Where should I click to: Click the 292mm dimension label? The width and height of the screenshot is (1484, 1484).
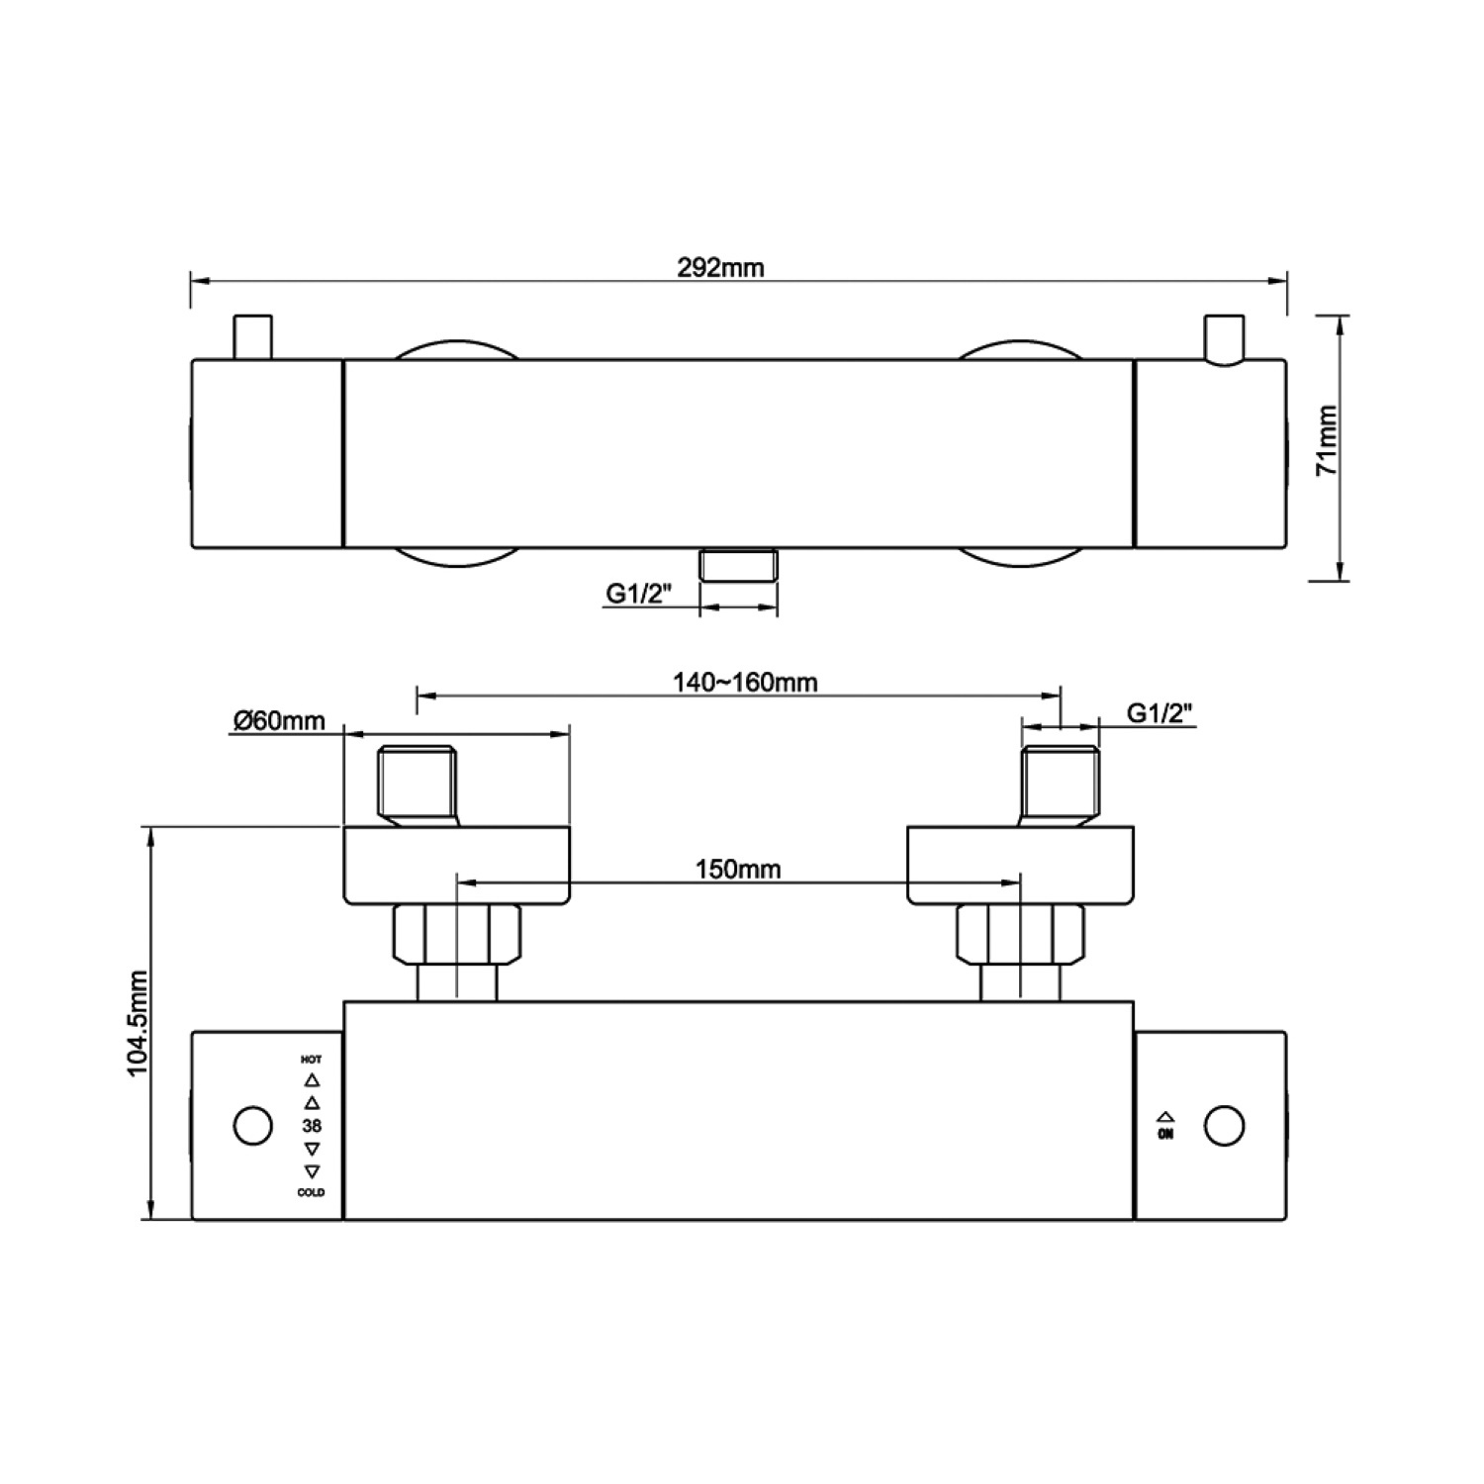click(x=720, y=267)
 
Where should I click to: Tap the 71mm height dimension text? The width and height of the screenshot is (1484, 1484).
click(x=1327, y=440)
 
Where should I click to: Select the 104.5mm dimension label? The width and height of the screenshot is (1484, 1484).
click(x=137, y=1022)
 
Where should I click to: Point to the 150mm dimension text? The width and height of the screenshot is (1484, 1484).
click(x=738, y=869)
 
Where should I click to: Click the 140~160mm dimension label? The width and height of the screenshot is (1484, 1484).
click(x=745, y=682)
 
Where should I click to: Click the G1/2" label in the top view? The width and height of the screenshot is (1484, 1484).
click(x=639, y=594)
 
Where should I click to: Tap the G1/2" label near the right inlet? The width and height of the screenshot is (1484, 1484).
click(x=1159, y=712)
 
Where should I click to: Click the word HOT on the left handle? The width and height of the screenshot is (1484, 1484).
click(x=312, y=1060)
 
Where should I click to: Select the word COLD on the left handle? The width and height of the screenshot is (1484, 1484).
click(x=312, y=1193)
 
